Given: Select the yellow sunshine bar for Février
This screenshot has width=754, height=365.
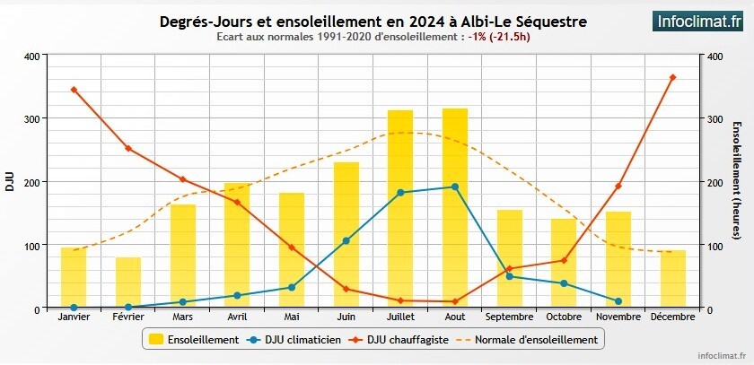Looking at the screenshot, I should coord(128,282).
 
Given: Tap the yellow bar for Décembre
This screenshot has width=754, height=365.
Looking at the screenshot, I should coord(673,279).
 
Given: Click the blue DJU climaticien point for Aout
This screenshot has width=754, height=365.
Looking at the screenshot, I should coord(455,187).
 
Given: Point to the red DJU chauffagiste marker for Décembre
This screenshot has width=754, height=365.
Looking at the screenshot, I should coord(673,77).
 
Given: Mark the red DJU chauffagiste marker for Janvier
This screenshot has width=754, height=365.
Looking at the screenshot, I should coord(74,90).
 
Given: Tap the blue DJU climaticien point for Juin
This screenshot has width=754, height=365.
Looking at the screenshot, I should coord(346,240).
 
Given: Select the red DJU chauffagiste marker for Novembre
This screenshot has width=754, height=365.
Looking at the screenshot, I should coord(618,186).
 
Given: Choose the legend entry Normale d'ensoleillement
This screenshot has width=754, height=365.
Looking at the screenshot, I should coord(524,340).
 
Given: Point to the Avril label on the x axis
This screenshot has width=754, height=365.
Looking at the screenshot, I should coord(237,317).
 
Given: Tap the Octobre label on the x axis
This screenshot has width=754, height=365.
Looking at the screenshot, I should coord(564,317).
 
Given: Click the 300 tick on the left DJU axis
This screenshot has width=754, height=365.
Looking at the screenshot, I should coord(31,118).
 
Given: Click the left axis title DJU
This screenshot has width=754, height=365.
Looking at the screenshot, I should coord(10,182).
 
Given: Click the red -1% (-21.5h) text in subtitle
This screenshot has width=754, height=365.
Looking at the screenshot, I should coord(499,38).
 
